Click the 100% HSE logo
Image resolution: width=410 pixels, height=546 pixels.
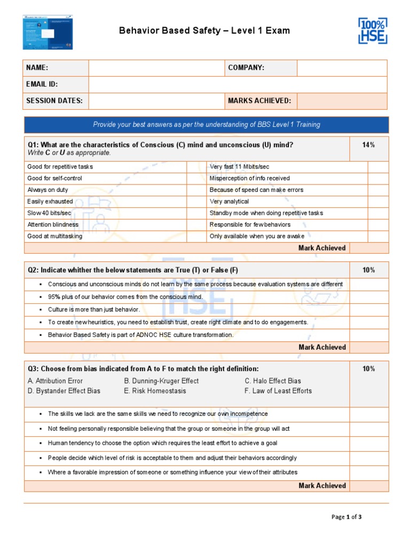click(x=372, y=31)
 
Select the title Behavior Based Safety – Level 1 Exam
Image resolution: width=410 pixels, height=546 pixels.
click(x=204, y=30)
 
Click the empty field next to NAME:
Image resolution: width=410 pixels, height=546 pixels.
click(x=156, y=68)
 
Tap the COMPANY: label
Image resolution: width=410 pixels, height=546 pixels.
click(x=246, y=68)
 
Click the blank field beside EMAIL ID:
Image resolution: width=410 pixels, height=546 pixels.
click(x=238, y=84)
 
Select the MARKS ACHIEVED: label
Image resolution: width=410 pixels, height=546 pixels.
click(x=259, y=101)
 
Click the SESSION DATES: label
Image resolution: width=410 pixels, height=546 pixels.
click(x=54, y=101)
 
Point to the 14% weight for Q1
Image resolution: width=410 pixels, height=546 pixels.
click(x=368, y=145)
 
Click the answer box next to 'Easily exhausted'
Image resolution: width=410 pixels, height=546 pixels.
click(x=193, y=202)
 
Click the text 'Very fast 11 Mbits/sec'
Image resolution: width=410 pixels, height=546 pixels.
click(x=240, y=167)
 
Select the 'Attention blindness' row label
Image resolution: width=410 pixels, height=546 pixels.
click(x=53, y=224)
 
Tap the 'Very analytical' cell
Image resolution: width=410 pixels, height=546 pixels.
click(x=229, y=202)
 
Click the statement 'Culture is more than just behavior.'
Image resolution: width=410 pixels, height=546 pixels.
click(x=94, y=309)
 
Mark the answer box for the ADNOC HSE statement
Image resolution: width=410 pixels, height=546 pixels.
click(x=369, y=335)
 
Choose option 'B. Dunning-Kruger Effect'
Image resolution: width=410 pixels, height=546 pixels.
click(x=161, y=381)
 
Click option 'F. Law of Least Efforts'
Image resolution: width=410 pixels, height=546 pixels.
click(x=278, y=391)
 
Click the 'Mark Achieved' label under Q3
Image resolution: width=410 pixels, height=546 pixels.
click(x=322, y=485)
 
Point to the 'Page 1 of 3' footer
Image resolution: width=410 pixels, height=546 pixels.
click(x=346, y=517)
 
